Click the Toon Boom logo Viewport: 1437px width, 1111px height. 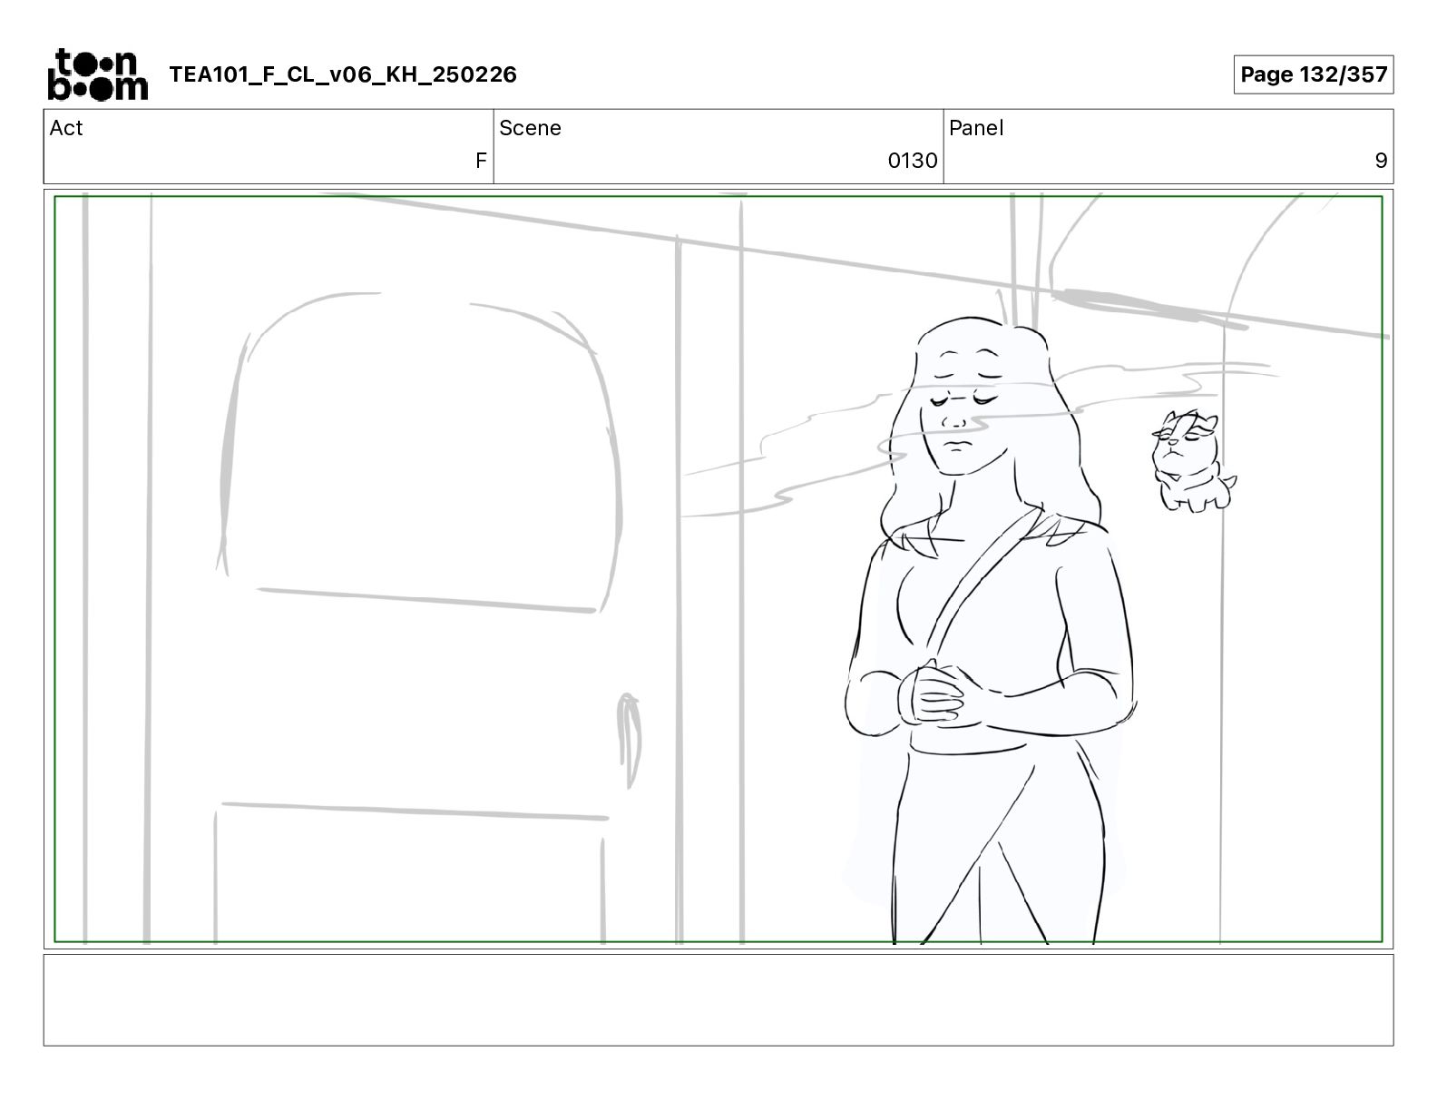(98, 74)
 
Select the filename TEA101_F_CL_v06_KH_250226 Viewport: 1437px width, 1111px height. (343, 74)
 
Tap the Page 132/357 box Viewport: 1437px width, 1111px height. (1313, 74)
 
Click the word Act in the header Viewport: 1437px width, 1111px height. (66, 128)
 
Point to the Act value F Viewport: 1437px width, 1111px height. (481, 160)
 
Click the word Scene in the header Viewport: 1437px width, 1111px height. (530, 128)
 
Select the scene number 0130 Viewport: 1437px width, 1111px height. (912, 160)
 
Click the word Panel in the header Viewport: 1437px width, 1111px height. (975, 128)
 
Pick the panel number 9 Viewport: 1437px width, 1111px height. (1381, 160)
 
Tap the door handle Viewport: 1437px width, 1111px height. (628, 740)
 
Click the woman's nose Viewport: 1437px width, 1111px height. (955, 421)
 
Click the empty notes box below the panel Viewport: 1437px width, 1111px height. (718, 1000)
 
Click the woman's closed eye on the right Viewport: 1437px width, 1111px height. (984, 398)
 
